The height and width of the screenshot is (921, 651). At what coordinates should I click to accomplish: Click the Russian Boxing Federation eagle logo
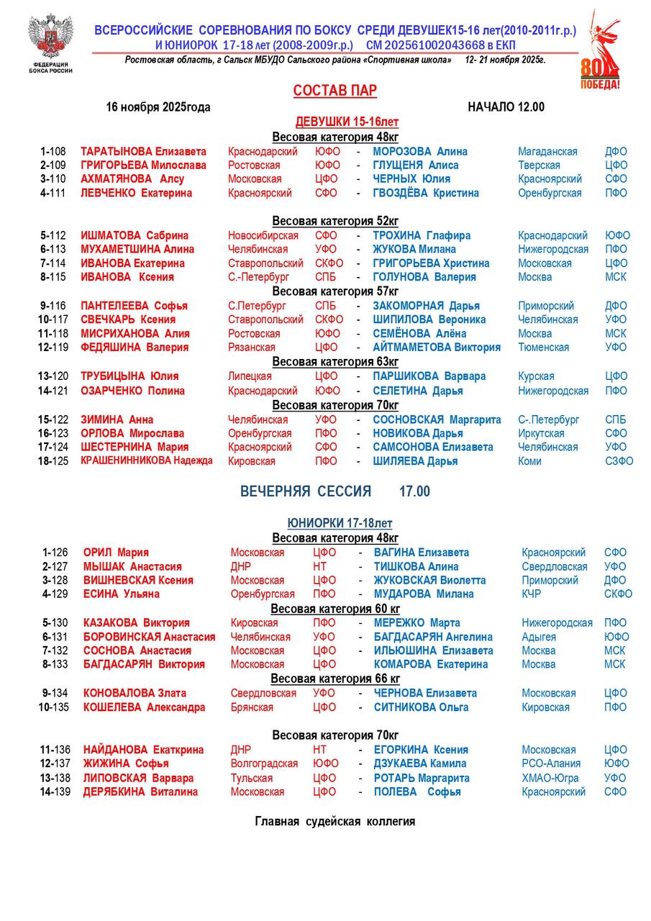click(50, 36)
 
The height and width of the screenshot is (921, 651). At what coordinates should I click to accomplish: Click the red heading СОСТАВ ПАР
click(335, 91)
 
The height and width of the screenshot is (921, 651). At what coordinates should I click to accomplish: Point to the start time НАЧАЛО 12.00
click(506, 107)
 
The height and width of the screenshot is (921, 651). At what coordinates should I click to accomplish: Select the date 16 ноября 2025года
click(158, 107)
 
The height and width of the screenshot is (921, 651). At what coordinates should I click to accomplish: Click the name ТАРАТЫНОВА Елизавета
click(143, 152)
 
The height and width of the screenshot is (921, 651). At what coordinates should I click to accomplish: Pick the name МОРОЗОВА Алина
click(420, 152)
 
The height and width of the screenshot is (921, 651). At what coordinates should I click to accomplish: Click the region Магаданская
click(547, 152)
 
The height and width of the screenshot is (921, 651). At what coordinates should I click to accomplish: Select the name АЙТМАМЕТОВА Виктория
click(437, 348)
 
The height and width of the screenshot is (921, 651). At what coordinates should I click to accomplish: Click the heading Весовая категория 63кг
click(335, 361)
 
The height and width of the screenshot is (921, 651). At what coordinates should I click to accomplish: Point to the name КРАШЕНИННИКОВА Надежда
click(147, 461)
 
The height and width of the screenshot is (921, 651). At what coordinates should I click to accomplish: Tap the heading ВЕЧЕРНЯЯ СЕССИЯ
click(306, 491)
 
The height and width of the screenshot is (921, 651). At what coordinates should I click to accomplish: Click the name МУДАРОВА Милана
click(424, 594)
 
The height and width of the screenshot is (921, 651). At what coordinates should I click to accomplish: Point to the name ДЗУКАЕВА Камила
click(420, 763)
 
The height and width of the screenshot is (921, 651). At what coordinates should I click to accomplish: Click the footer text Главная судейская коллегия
click(335, 822)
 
